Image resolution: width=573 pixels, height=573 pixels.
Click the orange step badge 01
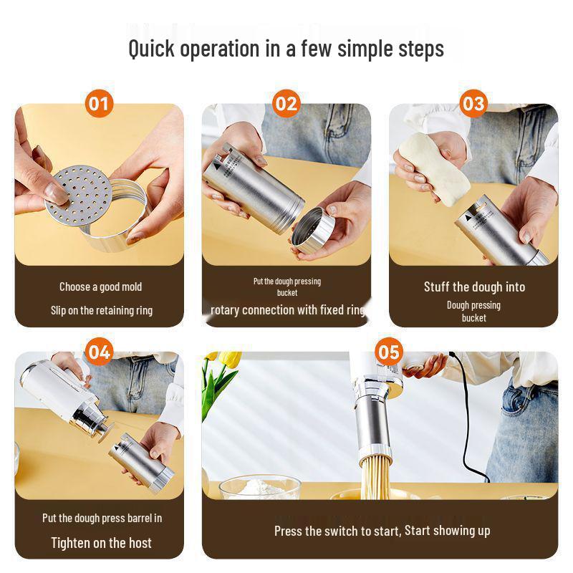(100, 104)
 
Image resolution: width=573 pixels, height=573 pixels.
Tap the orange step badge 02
(286, 104)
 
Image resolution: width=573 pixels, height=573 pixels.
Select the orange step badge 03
(473, 104)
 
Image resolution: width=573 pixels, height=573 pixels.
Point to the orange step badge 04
(100, 352)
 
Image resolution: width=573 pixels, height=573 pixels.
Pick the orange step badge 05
(388, 352)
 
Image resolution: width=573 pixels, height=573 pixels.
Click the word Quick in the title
(153, 49)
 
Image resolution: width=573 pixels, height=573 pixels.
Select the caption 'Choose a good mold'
(100, 287)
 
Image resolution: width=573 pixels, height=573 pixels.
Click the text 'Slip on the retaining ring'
(101, 310)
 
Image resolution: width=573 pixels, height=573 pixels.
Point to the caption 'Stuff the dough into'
(474, 287)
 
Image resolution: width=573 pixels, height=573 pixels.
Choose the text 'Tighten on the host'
(101, 542)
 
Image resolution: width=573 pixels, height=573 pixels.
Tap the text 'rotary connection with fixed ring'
(287, 310)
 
